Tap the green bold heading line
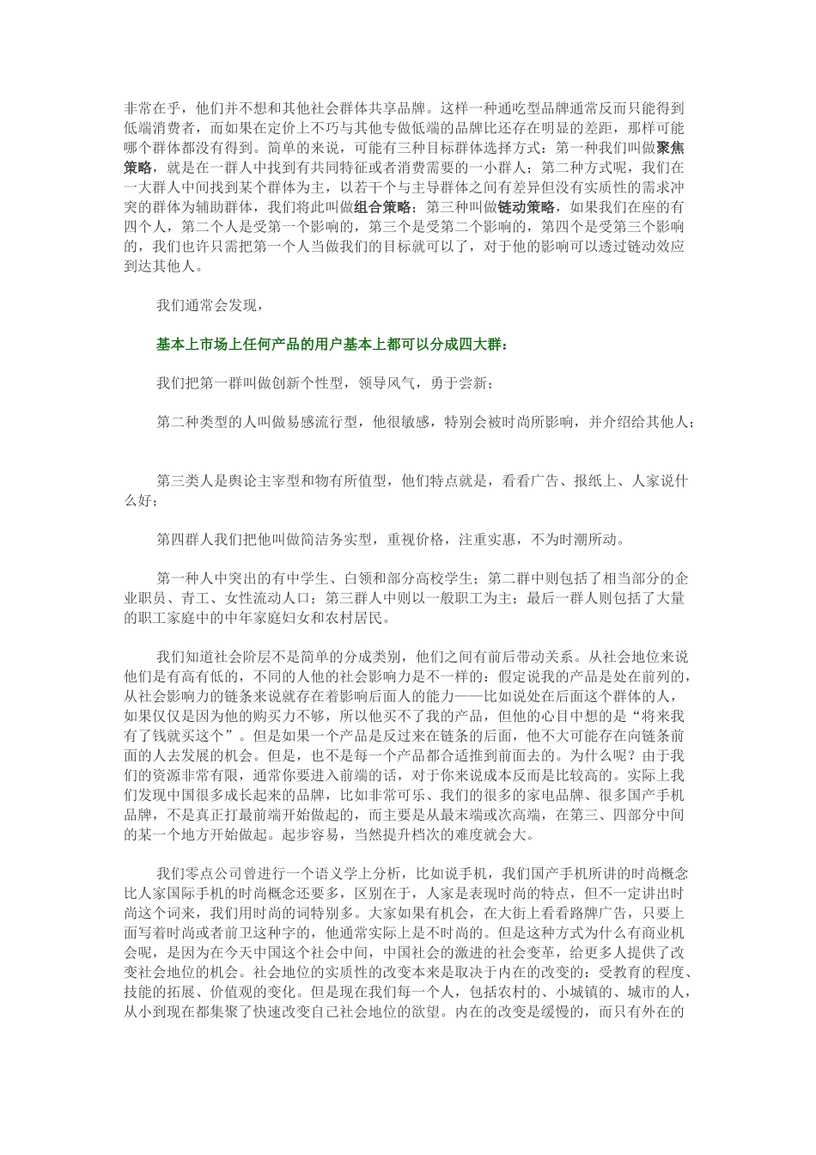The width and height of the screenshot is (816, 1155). (332, 345)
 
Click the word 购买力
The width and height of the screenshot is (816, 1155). (276, 714)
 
